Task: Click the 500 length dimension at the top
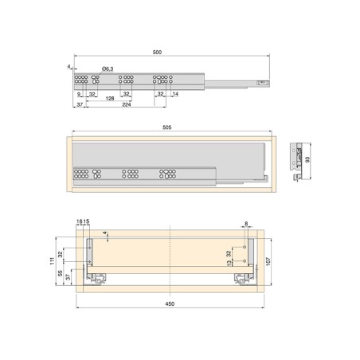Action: tap(157, 53)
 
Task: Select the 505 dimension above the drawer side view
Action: tap(166, 127)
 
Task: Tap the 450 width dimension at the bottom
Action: tap(170, 303)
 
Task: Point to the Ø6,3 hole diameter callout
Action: tap(108, 69)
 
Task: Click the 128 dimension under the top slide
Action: tap(110, 99)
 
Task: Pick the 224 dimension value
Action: tap(127, 104)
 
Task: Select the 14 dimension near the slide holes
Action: tap(175, 94)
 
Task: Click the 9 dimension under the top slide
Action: tap(79, 94)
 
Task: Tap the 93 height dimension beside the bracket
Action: tap(307, 159)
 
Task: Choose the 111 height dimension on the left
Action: tap(53, 261)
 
